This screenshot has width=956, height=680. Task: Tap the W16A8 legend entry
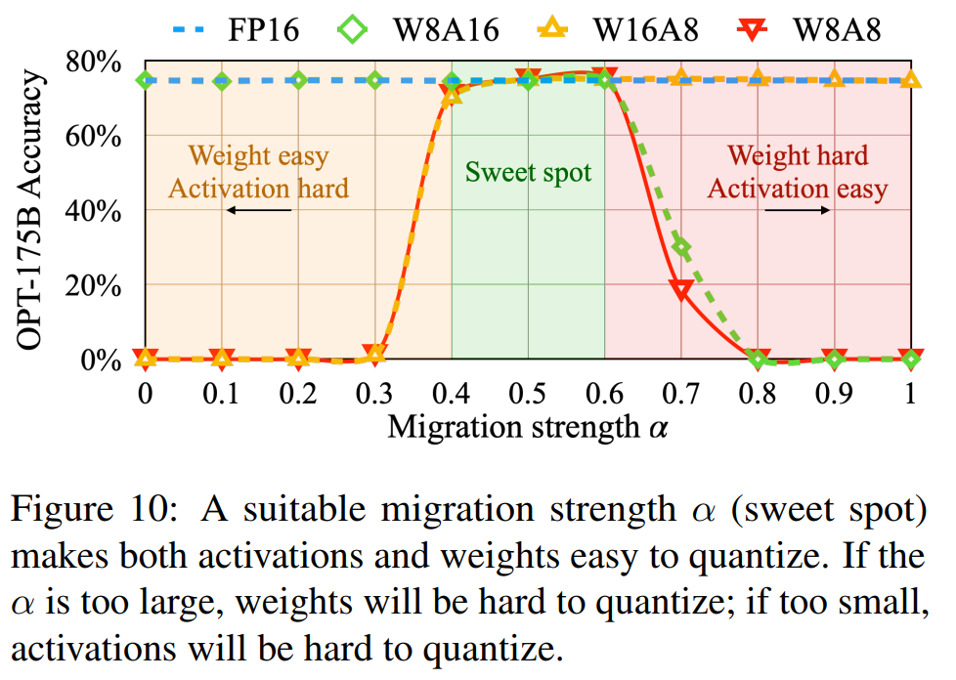(626, 28)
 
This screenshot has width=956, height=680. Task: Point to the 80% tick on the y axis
(94, 62)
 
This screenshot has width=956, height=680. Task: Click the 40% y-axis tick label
(94, 210)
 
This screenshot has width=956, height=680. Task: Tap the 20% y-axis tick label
(94, 285)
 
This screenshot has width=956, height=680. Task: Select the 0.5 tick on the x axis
(528, 394)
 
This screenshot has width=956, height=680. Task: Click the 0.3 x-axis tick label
(374, 394)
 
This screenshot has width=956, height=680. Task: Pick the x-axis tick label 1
(910, 394)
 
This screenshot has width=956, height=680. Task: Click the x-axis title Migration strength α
(528, 427)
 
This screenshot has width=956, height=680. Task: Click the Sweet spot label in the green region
(528, 173)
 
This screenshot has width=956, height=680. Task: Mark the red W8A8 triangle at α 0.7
(681, 289)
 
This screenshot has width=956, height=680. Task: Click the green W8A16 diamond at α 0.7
(681, 248)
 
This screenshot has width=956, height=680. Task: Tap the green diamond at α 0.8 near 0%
(758, 360)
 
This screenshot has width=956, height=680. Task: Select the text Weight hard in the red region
(798, 155)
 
